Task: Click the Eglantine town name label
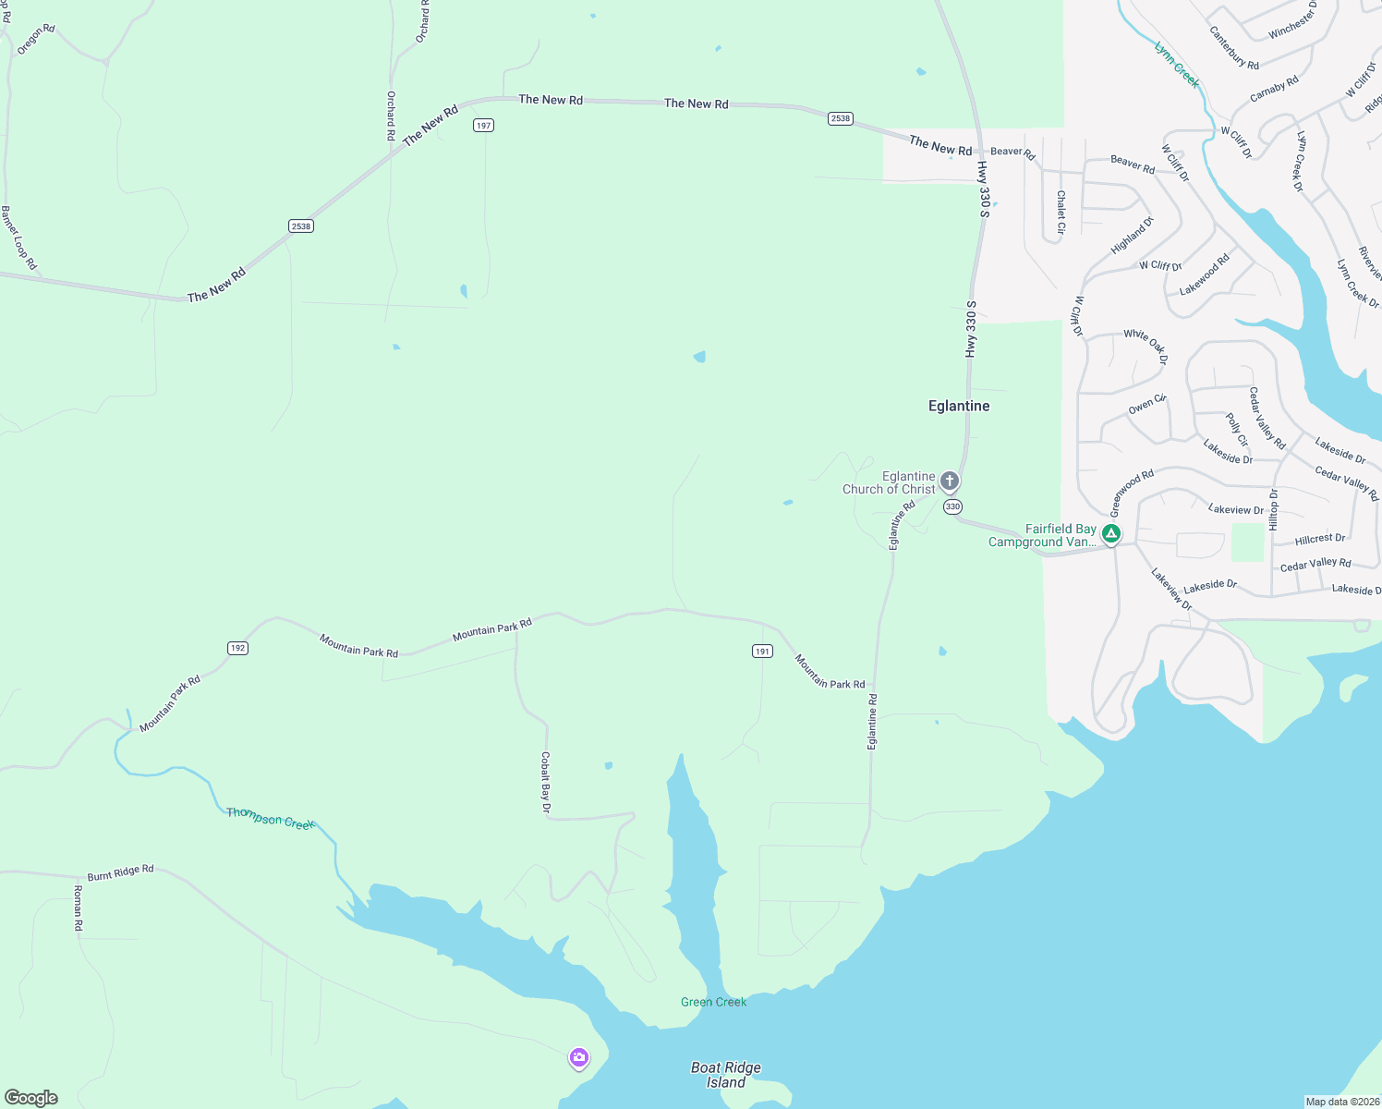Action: tap(958, 406)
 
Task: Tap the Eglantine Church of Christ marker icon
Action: tap(950, 481)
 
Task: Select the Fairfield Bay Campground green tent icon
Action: tap(1111, 534)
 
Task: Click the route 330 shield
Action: tap(952, 506)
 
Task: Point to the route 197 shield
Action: tap(483, 125)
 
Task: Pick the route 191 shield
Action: tap(762, 652)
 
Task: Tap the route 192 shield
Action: tap(237, 648)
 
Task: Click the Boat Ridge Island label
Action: tap(726, 1075)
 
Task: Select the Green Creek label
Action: tap(713, 1002)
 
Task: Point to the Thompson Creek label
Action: tap(271, 818)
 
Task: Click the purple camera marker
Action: tap(579, 1057)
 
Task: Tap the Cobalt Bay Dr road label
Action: tap(546, 783)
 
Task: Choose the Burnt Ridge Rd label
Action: tap(120, 872)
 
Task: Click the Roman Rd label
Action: tap(78, 908)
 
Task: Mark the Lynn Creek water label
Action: tap(1177, 64)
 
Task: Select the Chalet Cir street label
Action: tap(1061, 212)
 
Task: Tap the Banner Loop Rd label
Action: tap(18, 238)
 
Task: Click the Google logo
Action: tap(31, 1097)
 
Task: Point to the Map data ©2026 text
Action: tap(1341, 1102)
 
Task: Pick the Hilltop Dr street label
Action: tap(1274, 509)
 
